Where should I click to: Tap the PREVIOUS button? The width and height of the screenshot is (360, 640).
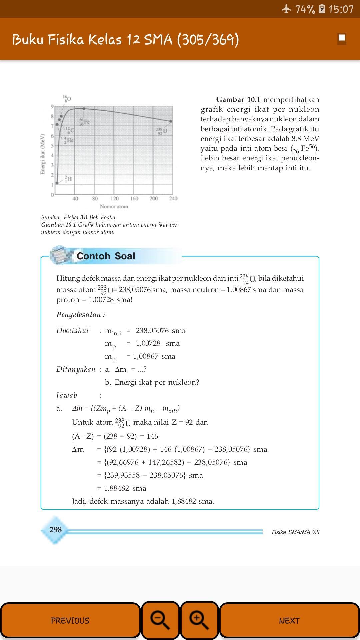click(x=70, y=620)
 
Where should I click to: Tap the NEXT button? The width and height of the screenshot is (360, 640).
click(x=289, y=620)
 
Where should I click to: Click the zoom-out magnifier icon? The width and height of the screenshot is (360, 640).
click(x=160, y=620)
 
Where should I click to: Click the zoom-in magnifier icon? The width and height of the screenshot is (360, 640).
click(x=199, y=620)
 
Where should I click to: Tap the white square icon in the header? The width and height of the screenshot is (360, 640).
click(x=342, y=38)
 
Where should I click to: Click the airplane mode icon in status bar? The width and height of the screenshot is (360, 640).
click(x=286, y=9)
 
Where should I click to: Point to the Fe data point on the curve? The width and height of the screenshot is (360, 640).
click(x=84, y=109)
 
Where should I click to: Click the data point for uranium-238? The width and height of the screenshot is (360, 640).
click(x=171, y=121)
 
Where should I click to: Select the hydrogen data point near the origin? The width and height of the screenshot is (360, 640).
click(x=57, y=183)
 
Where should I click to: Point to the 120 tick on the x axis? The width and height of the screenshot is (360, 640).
click(x=114, y=199)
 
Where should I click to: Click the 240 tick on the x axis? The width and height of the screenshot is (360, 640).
click(x=173, y=199)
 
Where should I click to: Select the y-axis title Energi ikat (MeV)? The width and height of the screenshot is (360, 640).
click(x=43, y=154)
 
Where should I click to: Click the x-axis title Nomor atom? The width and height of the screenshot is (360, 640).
click(x=114, y=207)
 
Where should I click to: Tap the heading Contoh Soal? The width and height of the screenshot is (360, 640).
click(x=106, y=256)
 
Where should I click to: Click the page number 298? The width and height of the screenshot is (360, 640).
click(x=55, y=530)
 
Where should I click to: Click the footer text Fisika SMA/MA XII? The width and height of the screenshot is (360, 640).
click(x=295, y=532)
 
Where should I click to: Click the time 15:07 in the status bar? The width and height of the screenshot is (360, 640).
click(x=341, y=9)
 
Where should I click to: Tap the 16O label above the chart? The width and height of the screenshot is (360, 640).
click(x=67, y=99)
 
